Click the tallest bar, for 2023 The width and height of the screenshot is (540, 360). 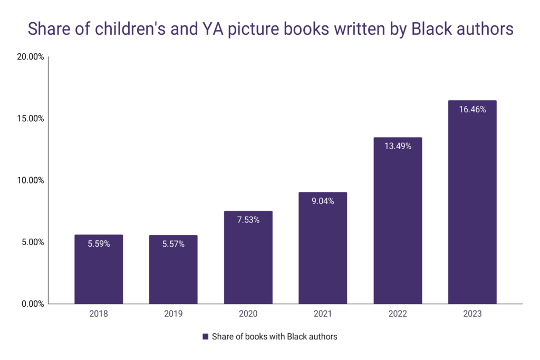(472, 211)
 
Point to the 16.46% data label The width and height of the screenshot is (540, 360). (472, 110)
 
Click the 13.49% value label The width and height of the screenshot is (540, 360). (397, 147)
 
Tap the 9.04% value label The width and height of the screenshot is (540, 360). (322, 201)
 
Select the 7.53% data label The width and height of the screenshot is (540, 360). (248, 220)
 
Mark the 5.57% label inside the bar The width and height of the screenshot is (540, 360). (173, 244)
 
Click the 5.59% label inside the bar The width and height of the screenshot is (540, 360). (99, 244)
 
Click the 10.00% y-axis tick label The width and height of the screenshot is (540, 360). (30, 180)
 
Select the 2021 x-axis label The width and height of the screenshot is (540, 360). (322, 314)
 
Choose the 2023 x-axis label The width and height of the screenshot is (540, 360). (472, 314)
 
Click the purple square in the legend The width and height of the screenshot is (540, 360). (205, 336)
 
